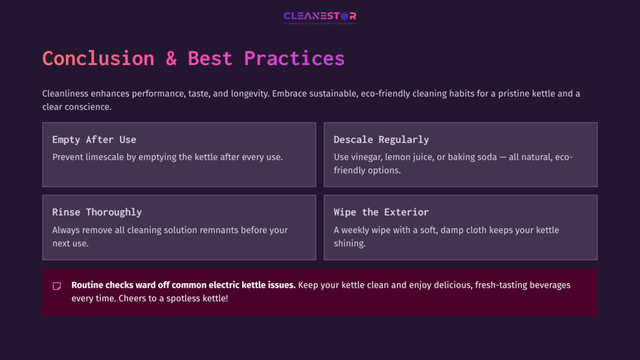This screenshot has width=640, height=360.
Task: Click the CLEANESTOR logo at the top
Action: pyautogui.click(x=319, y=16)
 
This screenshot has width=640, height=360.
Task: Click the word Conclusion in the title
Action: pyautogui.click(x=98, y=58)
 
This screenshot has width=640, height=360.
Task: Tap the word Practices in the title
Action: pyautogui.click(x=294, y=58)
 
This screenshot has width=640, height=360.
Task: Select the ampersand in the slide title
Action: pyautogui.click(x=171, y=58)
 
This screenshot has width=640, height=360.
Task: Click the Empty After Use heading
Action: pyautogui.click(x=94, y=139)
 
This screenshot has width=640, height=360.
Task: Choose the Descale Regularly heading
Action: pyautogui.click(x=381, y=139)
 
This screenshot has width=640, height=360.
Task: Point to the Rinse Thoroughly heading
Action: pyautogui.click(x=97, y=212)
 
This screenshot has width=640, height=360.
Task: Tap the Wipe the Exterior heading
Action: pyautogui.click(x=381, y=212)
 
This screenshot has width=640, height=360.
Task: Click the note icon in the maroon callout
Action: pyautogui.click(x=57, y=286)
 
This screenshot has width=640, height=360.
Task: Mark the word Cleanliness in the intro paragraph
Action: pyautogui.click(x=66, y=94)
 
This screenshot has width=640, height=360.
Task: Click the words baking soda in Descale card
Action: pyautogui.click(x=467, y=157)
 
